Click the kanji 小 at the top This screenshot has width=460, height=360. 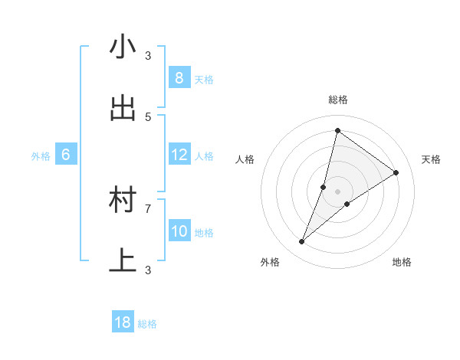[x=123, y=47]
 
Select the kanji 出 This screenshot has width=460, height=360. [x=123, y=109]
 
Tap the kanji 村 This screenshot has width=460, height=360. [x=123, y=201]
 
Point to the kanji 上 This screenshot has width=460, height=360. [x=123, y=261]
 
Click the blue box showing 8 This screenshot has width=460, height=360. [x=179, y=78]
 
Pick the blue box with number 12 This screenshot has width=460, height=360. [x=179, y=155]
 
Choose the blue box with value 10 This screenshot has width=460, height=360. [x=179, y=231]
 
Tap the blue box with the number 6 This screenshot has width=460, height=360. [x=66, y=155]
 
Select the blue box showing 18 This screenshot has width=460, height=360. [x=123, y=322]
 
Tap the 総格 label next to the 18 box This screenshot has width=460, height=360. [x=147, y=324]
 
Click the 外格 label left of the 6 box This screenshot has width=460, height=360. [x=41, y=156]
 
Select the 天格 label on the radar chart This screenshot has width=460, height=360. [x=431, y=159]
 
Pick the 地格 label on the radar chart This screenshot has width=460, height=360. [x=402, y=262]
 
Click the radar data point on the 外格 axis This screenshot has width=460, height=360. [x=302, y=242]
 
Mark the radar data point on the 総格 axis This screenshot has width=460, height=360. [x=337, y=130]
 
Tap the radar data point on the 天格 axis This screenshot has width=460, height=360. [x=396, y=172]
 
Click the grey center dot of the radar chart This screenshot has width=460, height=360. [x=337, y=191]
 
